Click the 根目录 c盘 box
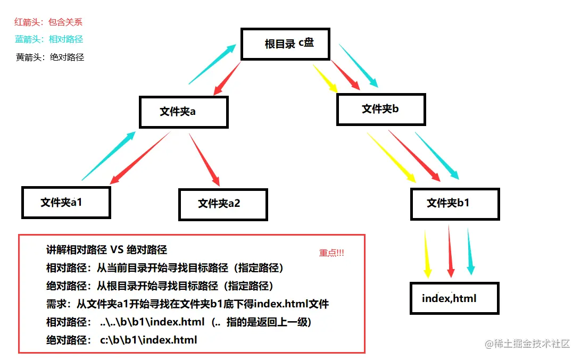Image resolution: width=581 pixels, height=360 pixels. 286,44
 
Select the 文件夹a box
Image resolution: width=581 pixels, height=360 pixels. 184,112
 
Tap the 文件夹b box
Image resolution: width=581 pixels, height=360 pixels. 381,110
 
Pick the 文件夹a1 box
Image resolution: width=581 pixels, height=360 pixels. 66,202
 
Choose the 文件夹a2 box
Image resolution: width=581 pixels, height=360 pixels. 223,204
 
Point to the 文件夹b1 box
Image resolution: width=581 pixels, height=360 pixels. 455,203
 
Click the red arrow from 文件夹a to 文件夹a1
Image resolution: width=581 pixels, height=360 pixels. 140,158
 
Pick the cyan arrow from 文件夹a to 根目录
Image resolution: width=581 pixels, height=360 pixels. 212,64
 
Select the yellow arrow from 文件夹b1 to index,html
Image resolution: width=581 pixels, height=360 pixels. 427,253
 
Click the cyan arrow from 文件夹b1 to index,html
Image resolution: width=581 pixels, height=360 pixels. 470,252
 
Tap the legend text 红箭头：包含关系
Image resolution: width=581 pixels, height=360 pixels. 48,22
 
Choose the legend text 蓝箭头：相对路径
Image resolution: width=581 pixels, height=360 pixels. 49,39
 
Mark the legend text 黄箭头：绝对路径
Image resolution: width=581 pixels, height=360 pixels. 50,57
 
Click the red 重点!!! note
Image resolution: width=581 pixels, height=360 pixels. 331,253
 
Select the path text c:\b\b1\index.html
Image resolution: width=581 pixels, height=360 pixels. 148,340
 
